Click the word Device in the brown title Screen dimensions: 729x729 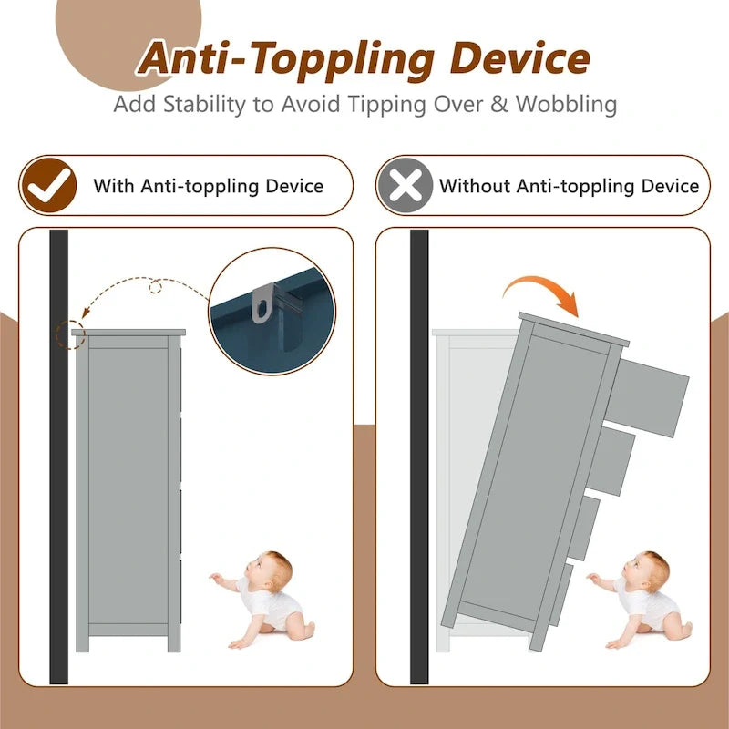click(x=519, y=58)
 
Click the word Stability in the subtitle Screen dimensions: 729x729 click(x=204, y=104)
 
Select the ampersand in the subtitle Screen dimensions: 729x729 click(x=499, y=104)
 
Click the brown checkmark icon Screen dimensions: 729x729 click(x=49, y=186)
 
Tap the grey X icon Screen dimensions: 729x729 click(x=406, y=186)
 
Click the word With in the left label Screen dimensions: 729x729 click(x=114, y=186)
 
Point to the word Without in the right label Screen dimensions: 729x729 click(x=474, y=186)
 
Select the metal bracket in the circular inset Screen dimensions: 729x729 click(x=262, y=303)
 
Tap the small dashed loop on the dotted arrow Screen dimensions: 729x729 click(x=155, y=287)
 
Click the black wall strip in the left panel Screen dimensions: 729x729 click(x=58, y=457)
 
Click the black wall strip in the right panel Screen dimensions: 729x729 click(x=419, y=457)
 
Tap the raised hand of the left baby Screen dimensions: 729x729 click(x=215, y=578)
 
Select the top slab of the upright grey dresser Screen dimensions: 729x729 click(x=128, y=333)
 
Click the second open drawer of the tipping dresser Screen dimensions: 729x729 click(x=611, y=461)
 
